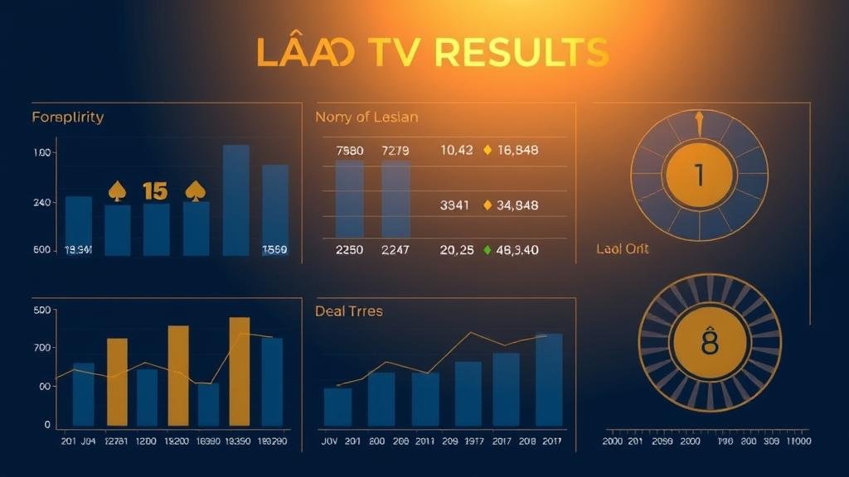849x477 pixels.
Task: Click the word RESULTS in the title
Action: tap(522, 52)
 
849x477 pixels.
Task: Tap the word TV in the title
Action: tap(391, 52)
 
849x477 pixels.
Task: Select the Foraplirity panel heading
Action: tap(68, 117)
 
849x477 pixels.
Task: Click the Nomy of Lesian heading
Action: tap(366, 117)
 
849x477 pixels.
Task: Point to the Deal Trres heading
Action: tap(349, 311)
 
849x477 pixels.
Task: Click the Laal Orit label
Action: tap(623, 248)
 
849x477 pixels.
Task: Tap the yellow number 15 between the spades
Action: tap(155, 191)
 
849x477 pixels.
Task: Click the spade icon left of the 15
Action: tap(117, 191)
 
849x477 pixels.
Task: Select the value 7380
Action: tap(349, 151)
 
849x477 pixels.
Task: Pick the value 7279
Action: tap(395, 151)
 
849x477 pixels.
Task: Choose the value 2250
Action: tap(349, 249)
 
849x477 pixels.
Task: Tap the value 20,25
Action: tap(456, 249)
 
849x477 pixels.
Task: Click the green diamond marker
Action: tap(488, 249)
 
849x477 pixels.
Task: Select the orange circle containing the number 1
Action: tap(698, 175)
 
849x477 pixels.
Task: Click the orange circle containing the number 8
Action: tap(709, 342)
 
